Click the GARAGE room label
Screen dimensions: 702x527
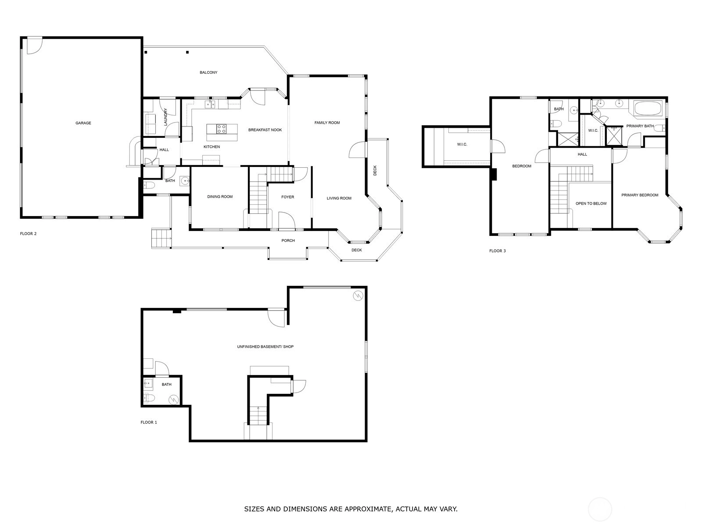click(83, 123)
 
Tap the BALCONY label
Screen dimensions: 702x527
click(208, 72)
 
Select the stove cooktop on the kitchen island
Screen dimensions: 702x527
click(221, 129)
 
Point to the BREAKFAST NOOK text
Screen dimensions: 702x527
click(265, 130)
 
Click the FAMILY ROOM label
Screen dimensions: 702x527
click(327, 123)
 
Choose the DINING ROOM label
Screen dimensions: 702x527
click(220, 197)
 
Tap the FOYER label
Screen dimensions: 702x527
click(288, 197)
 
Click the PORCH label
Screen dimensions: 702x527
click(288, 241)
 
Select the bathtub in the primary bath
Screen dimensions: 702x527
click(648, 108)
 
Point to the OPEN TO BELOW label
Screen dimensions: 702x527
click(591, 203)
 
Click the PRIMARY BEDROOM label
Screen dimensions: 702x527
click(640, 195)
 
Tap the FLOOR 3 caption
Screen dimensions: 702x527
click(498, 251)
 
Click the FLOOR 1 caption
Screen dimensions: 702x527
click(149, 422)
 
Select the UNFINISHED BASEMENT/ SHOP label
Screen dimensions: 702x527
click(265, 347)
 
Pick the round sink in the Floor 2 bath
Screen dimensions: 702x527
click(185, 181)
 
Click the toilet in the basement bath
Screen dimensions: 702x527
click(149, 398)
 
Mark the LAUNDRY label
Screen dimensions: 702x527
click(166, 117)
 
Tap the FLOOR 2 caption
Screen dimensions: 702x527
click(29, 234)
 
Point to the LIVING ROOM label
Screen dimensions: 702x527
click(339, 199)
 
